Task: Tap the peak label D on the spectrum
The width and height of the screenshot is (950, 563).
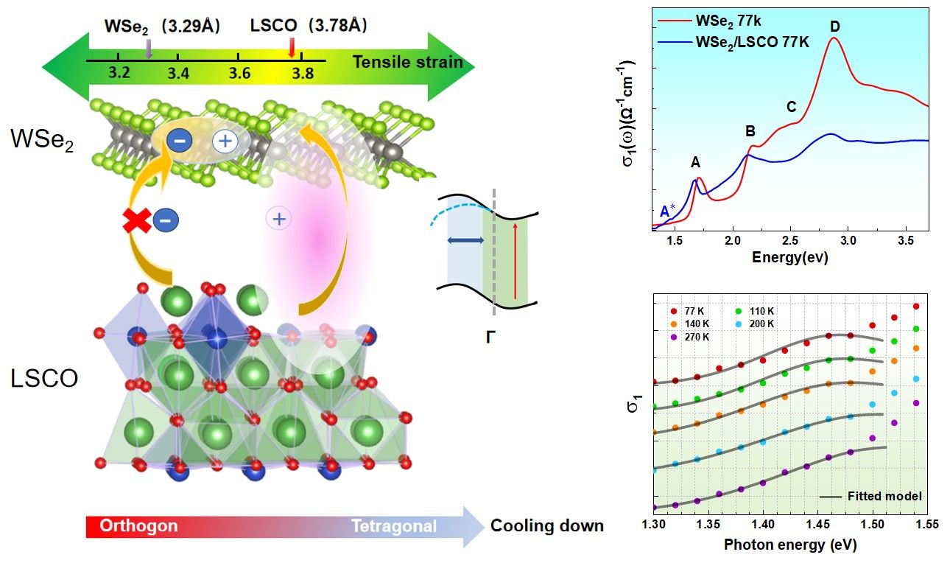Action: pyautogui.click(x=834, y=27)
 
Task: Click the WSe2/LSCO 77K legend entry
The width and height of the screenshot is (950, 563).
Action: pyautogui.click(x=752, y=43)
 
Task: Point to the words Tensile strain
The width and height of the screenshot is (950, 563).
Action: pyautogui.click(x=407, y=62)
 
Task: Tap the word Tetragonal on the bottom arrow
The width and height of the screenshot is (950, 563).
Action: pyautogui.click(x=393, y=526)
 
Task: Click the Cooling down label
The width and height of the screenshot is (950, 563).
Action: pyautogui.click(x=547, y=526)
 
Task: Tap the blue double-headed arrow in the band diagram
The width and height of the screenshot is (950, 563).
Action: pyautogui.click(x=465, y=240)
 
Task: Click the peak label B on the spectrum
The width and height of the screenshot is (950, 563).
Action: pyautogui.click(x=750, y=132)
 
